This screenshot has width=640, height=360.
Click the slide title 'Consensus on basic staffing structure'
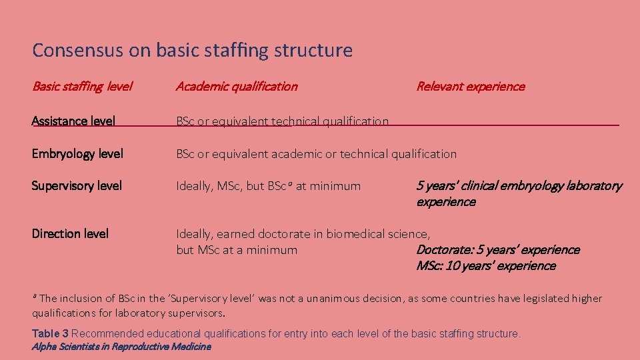[x=192, y=50]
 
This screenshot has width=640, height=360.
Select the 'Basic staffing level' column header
[x=82, y=86]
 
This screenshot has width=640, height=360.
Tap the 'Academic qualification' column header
[x=237, y=86]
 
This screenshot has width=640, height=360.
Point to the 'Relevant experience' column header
[x=470, y=86]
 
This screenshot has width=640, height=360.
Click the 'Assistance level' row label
[x=73, y=121]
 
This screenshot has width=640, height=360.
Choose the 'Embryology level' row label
[x=77, y=154]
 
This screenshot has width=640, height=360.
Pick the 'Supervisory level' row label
[x=77, y=186]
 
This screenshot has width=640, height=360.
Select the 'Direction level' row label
[x=70, y=234]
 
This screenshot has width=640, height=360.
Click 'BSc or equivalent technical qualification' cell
[x=282, y=121]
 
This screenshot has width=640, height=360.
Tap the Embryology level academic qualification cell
[x=316, y=154]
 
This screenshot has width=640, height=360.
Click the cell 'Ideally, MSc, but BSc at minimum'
[x=268, y=186]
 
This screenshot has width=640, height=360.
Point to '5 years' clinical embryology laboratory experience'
[x=519, y=193]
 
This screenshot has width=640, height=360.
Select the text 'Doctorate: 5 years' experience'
[x=497, y=250]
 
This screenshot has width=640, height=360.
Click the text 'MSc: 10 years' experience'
[x=485, y=266]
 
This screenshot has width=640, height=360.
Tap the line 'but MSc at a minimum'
[x=237, y=250]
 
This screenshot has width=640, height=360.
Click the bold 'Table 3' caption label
[x=50, y=333]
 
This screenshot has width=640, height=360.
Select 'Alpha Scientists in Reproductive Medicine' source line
[x=121, y=347]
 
